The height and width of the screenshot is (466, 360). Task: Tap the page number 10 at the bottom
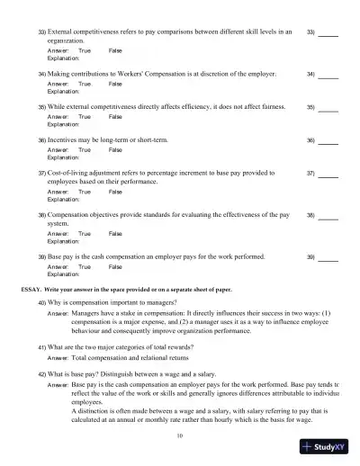(180, 435)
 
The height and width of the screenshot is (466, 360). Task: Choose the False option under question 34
(115, 84)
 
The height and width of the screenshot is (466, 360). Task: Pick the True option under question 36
(85, 151)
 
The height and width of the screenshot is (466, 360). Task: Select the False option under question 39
(115, 267)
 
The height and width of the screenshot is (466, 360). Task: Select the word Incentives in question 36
(66, 141)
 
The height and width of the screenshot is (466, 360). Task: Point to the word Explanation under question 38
(63, 241)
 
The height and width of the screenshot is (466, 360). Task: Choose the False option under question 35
(115, 117)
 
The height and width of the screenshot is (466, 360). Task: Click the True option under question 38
(85, 233)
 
